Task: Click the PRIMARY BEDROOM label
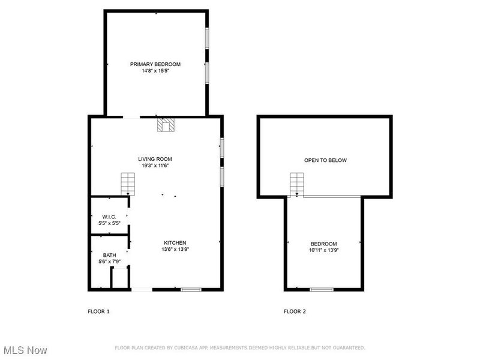(x=155, y=64)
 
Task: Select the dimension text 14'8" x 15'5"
(x=155, y=71)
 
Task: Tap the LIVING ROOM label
(x=155, y=159)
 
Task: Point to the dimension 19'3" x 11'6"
(x=155, y=166)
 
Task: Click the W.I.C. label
(x=109, y=217)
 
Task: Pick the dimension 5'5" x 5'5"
(x=109, y=223)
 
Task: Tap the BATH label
(x=109, y=255)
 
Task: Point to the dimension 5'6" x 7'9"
(x=109, y=262)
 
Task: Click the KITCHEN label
(x=175, y=243)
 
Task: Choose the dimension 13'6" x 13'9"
(x=175, y=250)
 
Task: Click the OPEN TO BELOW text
(x=325, y=160)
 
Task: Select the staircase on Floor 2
(x=296, y=184)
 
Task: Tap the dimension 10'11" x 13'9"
(x=324, y=250)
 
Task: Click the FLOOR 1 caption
(x=99, y=311)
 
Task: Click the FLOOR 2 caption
(x=295, y=311)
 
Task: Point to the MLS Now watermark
(x=25, y=349)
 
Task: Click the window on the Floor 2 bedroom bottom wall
(x=322, y=290)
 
